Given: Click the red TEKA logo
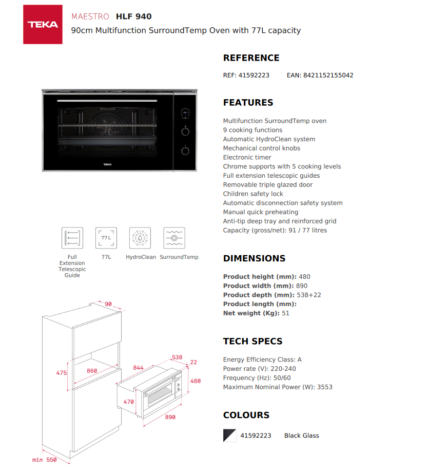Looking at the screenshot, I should pos(43,24).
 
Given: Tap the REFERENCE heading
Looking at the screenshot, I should pos(251,58).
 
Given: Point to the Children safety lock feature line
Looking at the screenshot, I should pos(253,194).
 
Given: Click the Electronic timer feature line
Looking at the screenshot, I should pos(247,157).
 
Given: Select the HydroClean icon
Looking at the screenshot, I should pos(140,238).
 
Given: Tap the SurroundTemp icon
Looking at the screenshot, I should pos(174,238).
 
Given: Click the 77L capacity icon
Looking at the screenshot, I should pos(106,238).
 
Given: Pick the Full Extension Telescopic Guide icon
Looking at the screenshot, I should pos(72,238).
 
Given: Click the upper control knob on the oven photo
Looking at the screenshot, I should pos(185,131).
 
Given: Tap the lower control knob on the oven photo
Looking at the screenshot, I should pos(185,150).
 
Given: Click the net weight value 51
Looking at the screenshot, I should pos(285,313).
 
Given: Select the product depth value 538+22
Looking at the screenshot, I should pos(309,295).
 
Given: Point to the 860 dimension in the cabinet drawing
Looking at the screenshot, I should pos(92,370).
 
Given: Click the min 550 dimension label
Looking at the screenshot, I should pos(45,460).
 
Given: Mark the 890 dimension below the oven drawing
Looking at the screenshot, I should pos(170,417).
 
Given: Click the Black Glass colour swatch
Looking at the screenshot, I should pos(229,436).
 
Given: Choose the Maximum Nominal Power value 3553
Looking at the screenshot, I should pos(324,387).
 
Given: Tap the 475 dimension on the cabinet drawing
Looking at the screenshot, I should pos(62,373).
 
